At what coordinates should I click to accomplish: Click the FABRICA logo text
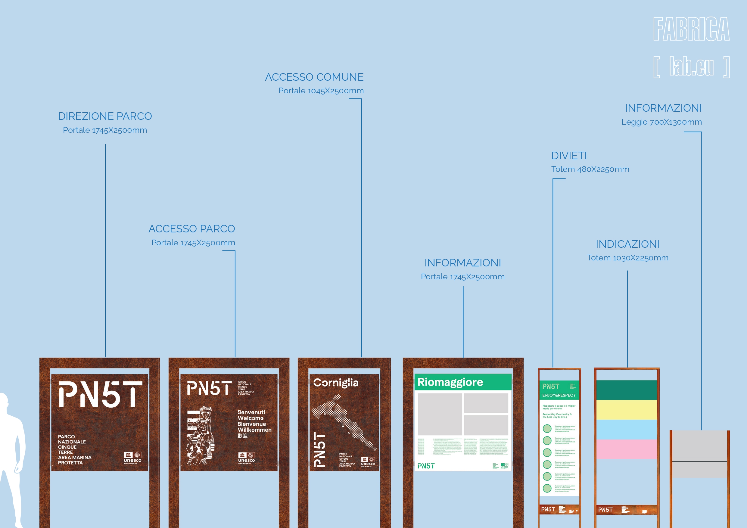coord(691,29)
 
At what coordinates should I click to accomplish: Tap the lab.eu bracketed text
coord(691,67)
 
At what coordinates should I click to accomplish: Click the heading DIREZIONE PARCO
coord(105,116)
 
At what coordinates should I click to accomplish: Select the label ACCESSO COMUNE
coord(314,77)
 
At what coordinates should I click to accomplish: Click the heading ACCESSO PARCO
coord(191,229)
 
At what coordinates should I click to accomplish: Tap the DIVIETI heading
coord(569,156)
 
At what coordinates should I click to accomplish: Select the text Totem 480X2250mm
coord(590,169)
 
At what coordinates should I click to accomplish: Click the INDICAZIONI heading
coord(627,244)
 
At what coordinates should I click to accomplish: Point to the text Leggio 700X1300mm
coord(661,122)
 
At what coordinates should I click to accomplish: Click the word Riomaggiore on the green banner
coord(450,382)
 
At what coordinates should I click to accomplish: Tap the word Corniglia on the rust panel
coord(336,383)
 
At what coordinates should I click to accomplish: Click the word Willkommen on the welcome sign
coord(254,430)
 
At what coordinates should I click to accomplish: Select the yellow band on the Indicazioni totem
coord(626,410)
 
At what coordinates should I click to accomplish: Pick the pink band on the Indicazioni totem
coord(626,449)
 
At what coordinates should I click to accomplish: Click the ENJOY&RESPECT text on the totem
coord(559,395)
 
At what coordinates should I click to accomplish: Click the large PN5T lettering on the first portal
coord(100,394)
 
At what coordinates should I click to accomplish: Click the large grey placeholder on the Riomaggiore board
coord(440,414)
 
